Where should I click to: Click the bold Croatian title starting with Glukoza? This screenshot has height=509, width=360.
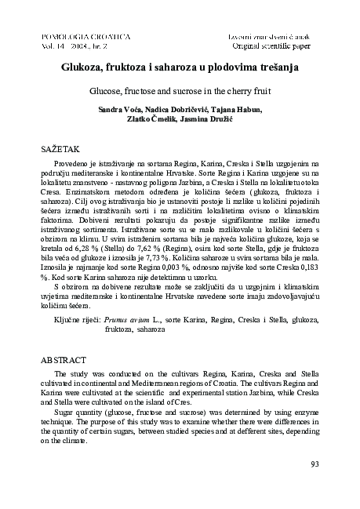pos(180,68)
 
